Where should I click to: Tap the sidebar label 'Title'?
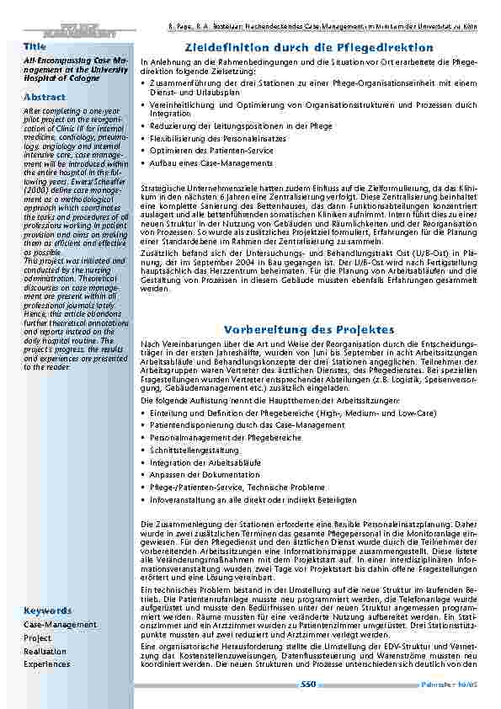tap(35, 45)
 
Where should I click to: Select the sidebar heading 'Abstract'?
tap(44, 97)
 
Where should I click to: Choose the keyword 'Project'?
tap(37, 638)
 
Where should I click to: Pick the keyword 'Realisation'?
tap(45, 652)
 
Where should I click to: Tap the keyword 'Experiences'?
tap(47, 664)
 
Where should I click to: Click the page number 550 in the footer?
tap(308, 685)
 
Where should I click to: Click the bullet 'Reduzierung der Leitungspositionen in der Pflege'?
tap(241, 125)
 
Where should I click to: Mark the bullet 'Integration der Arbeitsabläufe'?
tap(205, 462)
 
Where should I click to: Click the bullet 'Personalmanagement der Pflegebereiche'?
tap(225, 438)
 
